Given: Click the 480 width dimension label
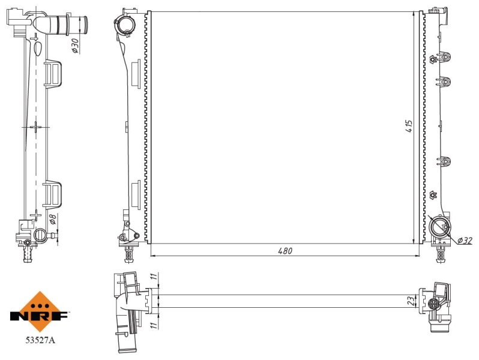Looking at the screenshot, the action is point(285,251).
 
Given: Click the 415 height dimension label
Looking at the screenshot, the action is point(409,126).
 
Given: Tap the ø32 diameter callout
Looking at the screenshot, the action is point(465,241).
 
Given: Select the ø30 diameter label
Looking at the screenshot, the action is point(75,46).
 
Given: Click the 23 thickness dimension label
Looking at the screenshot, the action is point(412,301).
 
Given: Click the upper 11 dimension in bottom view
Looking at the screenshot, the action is point(155,277).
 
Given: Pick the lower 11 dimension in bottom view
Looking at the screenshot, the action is point(155,324).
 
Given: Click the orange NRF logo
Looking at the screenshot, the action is point(39,312).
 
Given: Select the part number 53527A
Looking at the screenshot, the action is point(40,340).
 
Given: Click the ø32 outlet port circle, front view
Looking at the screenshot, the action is point(439,227).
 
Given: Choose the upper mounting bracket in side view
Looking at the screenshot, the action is point(53,73).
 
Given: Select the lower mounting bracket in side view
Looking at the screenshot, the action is point(52,194).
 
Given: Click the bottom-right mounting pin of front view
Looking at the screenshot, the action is point(440,253).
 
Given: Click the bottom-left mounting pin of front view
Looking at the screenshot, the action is point(129,253).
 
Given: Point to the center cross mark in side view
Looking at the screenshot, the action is point(36,127).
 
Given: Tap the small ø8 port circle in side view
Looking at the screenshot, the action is point(40,235).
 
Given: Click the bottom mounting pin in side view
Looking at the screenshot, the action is point(28,254).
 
